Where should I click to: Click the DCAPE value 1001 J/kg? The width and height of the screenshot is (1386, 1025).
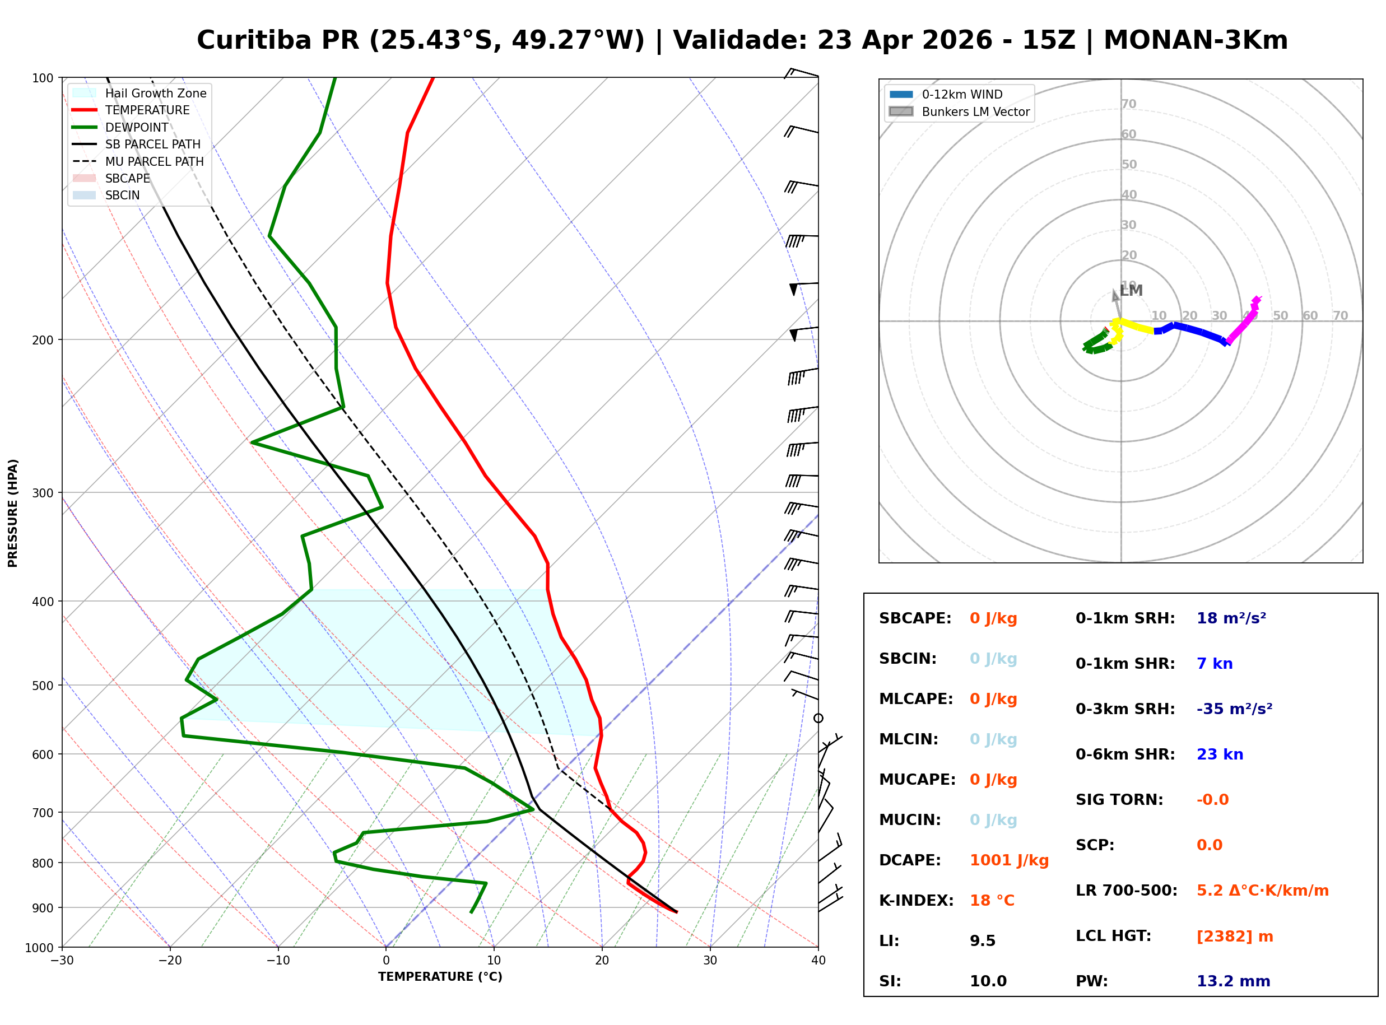[x=1009, y=860]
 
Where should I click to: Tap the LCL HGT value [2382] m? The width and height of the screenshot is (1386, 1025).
[x=1234, y=937]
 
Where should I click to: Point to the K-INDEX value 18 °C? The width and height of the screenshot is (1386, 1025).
[x=992, y=901]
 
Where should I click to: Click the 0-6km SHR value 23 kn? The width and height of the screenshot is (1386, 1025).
[x=1219, y=754]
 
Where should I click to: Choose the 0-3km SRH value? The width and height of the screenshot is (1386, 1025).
[x=1234, y=709]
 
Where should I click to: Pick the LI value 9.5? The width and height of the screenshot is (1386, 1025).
[x=982, y=941]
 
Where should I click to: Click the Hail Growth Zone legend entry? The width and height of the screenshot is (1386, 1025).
[x=155, y=93]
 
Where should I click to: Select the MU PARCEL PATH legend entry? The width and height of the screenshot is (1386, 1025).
[x=154, y=161]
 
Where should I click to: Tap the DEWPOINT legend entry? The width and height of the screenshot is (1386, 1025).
[x=137, y=127]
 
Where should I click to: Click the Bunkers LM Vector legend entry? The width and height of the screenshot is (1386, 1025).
[x=975, y=111]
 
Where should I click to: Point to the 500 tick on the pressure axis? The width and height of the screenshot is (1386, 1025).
[x=43, y=686]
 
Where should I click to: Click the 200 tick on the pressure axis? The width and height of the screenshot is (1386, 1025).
[x=43, y=340]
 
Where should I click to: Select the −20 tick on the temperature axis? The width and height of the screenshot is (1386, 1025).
[x=169, y=961]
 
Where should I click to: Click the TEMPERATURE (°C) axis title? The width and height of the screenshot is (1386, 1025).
[x=440, y=977]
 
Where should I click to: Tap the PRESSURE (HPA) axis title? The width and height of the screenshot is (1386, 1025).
[x=12, y=513]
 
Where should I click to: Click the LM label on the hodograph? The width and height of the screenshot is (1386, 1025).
[x=1132, y=290]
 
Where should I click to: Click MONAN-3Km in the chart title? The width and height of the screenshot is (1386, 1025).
[x=1195, y=40]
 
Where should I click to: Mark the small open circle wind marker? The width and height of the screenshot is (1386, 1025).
[x=818, y=719]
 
